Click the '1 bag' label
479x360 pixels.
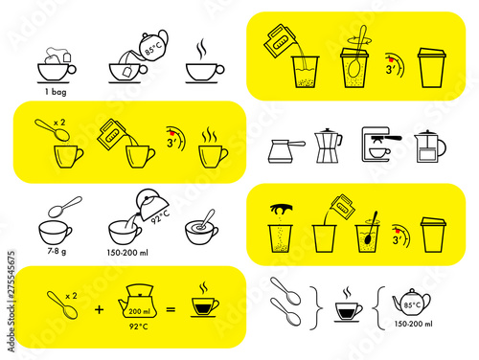click(56, 92)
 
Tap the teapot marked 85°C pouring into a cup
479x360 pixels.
click(153, 46)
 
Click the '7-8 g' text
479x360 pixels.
click(57, 251)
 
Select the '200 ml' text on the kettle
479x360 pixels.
click(139, 311)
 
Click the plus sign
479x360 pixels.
click(100, 309)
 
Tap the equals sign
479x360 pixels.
click(171, 309)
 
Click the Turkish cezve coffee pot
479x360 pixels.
click(285, 151)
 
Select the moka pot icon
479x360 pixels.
click(328, 146)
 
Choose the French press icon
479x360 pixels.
click(429, 146)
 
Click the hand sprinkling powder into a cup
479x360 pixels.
click(281, 209)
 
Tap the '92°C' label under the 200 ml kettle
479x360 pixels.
click(139, 326)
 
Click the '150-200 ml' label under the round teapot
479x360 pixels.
click(413, 324)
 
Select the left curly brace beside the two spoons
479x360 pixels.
click(316, 308)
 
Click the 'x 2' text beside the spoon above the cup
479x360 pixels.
click(59, 123)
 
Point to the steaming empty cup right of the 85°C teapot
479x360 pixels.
click(205, 69)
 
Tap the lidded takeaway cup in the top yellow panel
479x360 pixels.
click(432, 68)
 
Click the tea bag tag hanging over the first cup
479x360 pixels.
click(67, 57)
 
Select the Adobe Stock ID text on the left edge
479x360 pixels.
click(11, 302)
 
